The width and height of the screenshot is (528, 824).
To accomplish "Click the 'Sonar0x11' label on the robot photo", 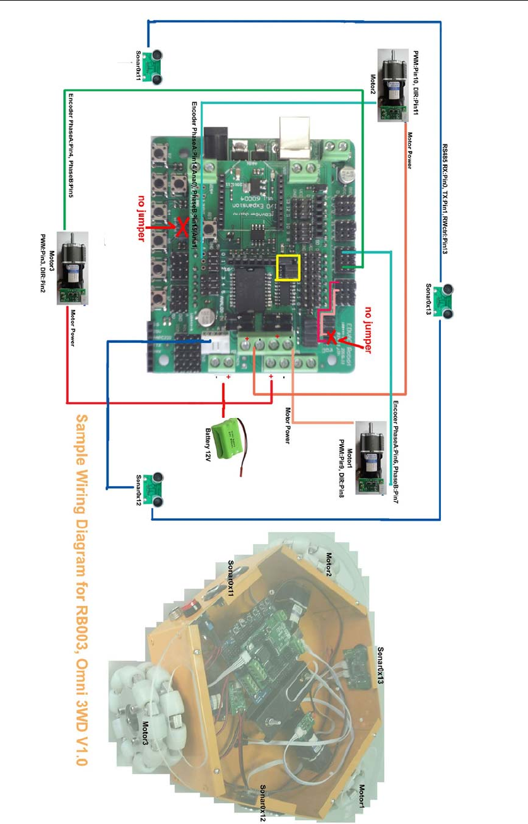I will tap(231, 578).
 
